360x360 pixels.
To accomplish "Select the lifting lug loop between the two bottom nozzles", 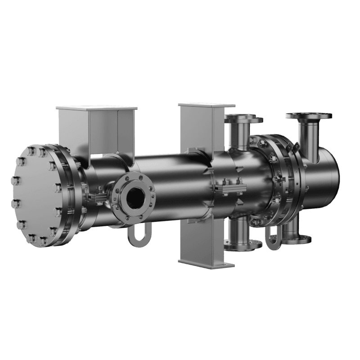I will (x=272, y=236).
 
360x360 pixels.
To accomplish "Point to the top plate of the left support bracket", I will (x=95, y=108).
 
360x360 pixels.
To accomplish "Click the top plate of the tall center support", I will (x=206, y=105).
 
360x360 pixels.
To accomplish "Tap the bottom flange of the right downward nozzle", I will (x=296, y=239).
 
